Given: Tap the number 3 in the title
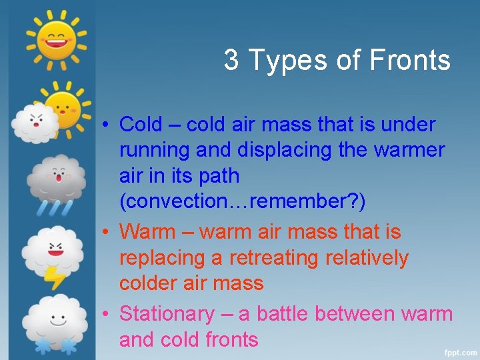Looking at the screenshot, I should (231, 61).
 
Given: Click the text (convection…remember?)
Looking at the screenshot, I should (242, 202).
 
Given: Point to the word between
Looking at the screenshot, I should (355, 313).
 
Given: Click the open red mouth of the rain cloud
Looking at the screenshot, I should (59, 178).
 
